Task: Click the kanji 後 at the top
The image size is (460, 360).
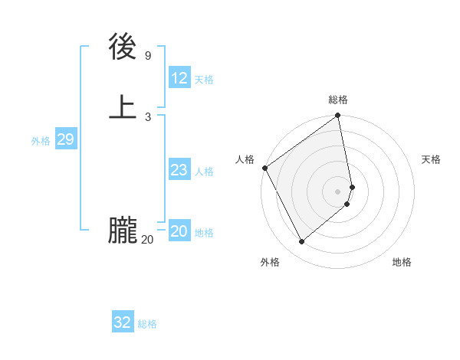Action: (x=123, y=47)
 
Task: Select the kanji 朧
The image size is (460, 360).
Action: (x=123, y=231)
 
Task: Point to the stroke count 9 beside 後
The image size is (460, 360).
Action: (x=147, y=55)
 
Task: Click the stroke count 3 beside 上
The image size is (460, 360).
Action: (x=147, y=117)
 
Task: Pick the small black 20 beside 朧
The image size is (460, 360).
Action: (x=147, y=240)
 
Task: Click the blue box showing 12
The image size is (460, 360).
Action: (x=179, y=78)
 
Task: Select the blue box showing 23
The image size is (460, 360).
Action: (x=179, y=170)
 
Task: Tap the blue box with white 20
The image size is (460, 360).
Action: (x=179, y=231)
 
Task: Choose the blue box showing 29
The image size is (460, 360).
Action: (x=65, y=139)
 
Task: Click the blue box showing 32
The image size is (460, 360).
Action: (x=123, y=322)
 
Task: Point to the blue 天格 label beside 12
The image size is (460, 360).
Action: (x=204, y=80)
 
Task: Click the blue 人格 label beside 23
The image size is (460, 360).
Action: (x=204, y=172)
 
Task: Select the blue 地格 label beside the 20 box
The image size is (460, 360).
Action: (x=204, y=233)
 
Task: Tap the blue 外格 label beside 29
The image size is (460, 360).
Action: (x=41, y=141)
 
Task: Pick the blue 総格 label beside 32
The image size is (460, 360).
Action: (x=147, y=324)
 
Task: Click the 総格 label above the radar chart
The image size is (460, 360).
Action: (x=338, y=100)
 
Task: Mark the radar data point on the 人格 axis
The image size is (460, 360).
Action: (x=264, y=168)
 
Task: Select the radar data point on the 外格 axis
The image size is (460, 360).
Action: (x=302, y=242)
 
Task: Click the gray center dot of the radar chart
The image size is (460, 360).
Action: (x=338, y=191)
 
